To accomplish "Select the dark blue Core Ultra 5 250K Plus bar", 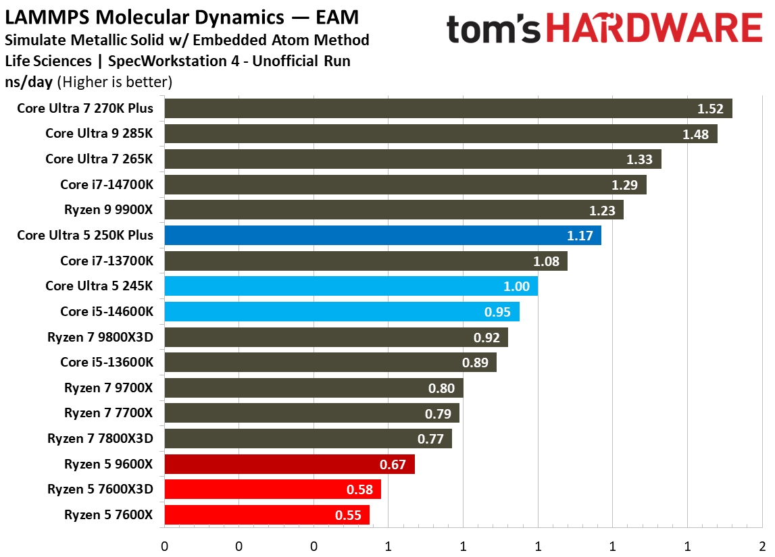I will click(x=382, y=236).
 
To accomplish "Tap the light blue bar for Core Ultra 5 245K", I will click(x=351, y=286).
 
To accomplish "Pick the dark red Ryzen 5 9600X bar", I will click(x=289, y=465).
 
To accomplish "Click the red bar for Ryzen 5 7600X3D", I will click(x=272, y=489).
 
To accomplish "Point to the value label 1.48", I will click(x=695, y=134).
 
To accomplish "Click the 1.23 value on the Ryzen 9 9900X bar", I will click(x=602, y=211).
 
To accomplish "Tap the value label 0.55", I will click(x=348, y=515).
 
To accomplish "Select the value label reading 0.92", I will click(x=486, y=338).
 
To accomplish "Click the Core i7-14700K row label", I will click(x=107, y=184).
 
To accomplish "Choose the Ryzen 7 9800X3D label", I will click(x=100, y=337).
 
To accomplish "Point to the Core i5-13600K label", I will click(x=107, y=363).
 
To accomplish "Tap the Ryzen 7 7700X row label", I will click(x=109, y=413).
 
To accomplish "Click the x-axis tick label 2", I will click(x=761, y=546).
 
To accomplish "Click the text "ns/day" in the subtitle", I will click(x=29, y=82).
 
